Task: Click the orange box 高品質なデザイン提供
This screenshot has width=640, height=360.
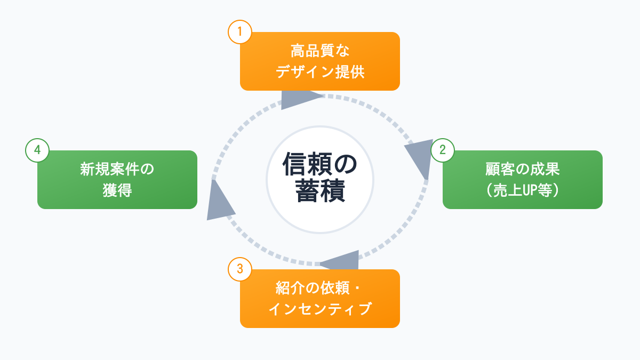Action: (320, 61)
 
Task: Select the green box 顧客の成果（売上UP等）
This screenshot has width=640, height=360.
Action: (523, 180)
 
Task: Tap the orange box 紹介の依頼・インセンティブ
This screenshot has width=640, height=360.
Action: (320, 299)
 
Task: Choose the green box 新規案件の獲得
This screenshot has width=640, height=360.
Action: (117, 180)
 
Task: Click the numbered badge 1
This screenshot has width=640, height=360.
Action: (239, 31)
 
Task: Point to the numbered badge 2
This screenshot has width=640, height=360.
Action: (442, 150)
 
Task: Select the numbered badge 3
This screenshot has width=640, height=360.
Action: (239, 269)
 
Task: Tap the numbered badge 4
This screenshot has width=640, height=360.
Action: (37, 150)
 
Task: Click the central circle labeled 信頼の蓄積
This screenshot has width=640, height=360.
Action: (320, 180)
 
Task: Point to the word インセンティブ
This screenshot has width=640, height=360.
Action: (320, 309)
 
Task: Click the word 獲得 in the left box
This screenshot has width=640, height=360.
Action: (117, 190)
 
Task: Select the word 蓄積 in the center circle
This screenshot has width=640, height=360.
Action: (320, 193)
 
